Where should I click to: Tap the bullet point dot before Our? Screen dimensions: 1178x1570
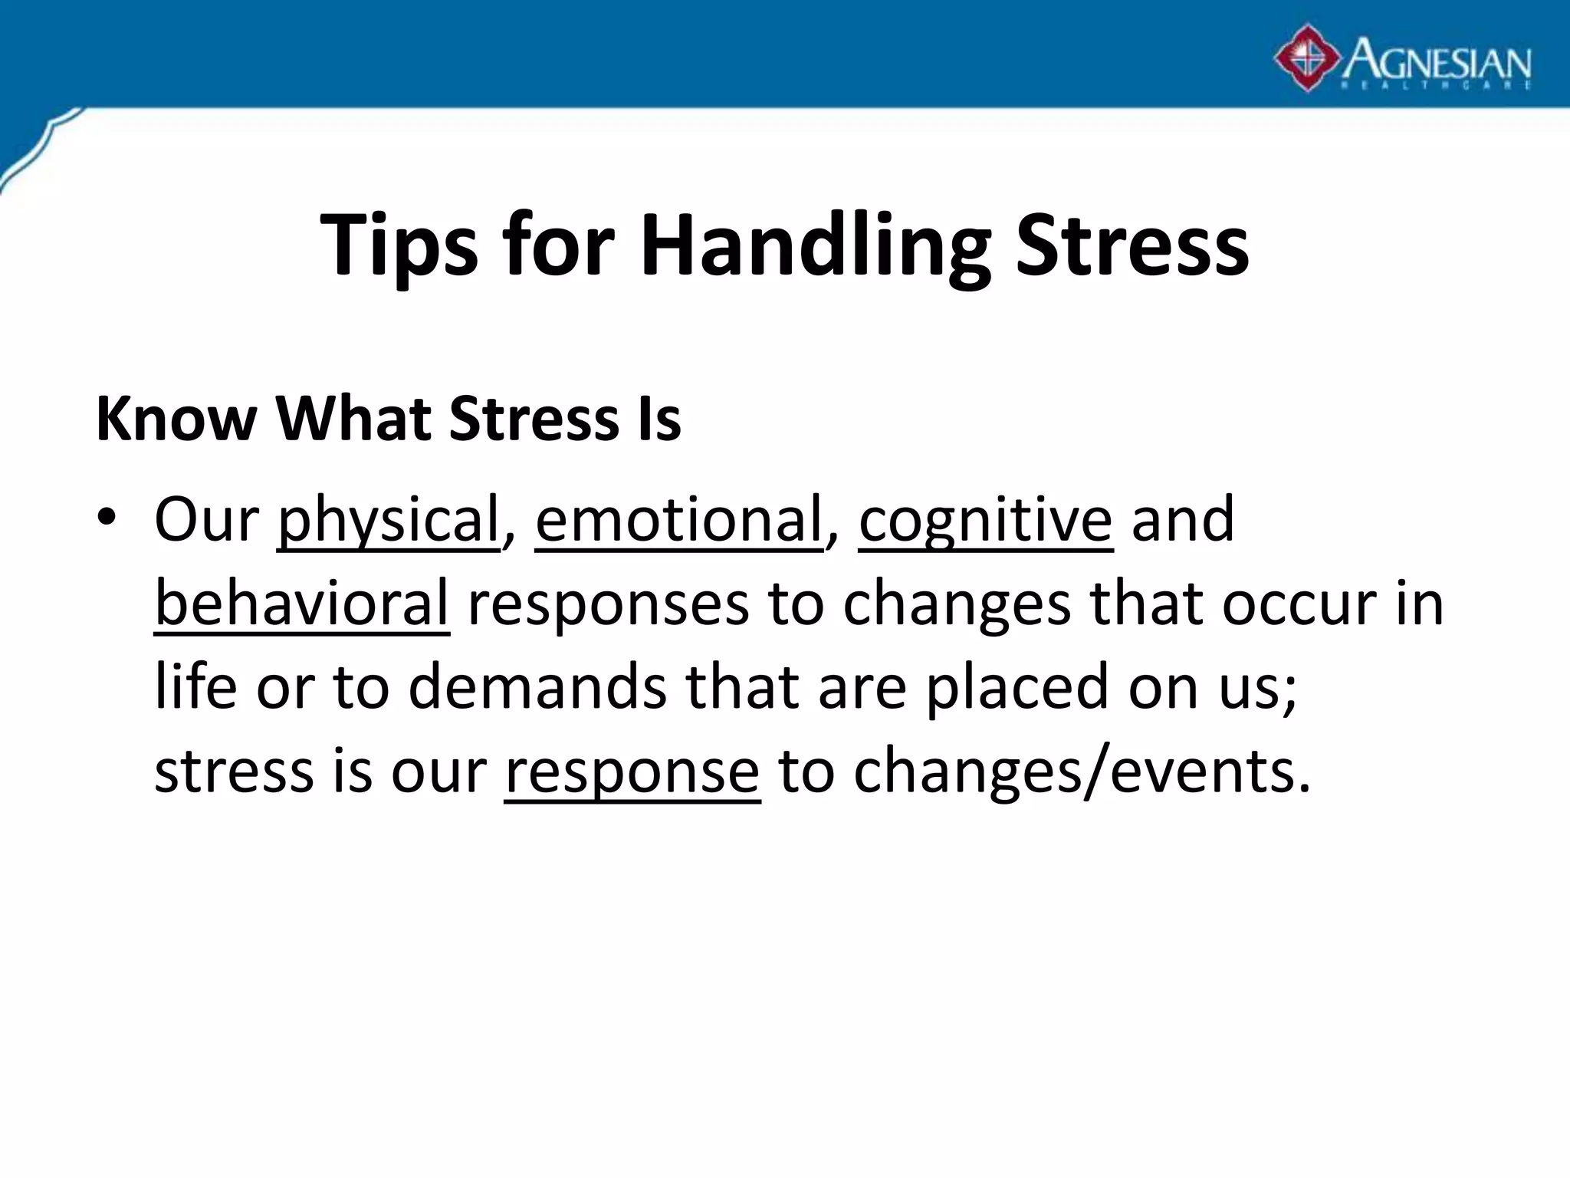(107, 518)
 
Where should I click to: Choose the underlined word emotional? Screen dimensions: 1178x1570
(678, 520)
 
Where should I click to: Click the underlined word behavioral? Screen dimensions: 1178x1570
(301, 604)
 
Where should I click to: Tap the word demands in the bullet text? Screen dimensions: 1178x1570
(537, 687)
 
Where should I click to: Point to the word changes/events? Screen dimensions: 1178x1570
(1082, 771)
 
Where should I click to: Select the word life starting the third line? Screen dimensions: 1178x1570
(195, 686)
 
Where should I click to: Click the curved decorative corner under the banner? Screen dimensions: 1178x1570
(38, 150)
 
